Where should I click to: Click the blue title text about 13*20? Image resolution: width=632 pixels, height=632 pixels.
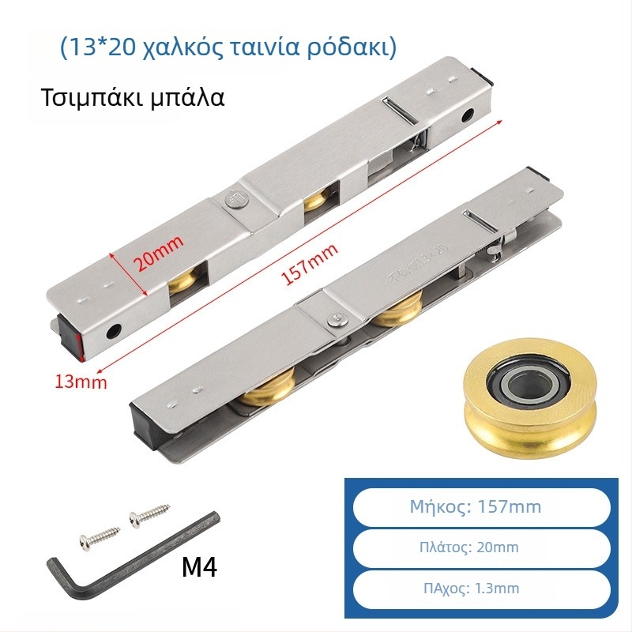coord(228,47)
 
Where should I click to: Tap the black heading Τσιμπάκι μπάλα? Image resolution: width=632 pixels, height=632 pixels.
coord(133,97)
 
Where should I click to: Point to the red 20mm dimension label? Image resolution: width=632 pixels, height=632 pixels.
coord(158,253)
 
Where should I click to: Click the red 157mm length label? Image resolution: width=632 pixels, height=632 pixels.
coord(309,265)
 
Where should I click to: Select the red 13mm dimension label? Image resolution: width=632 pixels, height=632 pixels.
coord(81,382)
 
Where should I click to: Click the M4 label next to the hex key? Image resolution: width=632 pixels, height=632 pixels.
coord(199,566)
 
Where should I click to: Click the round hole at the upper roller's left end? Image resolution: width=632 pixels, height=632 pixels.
coord(113,333)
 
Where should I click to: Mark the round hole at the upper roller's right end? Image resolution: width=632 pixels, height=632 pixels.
coord(468,115)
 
